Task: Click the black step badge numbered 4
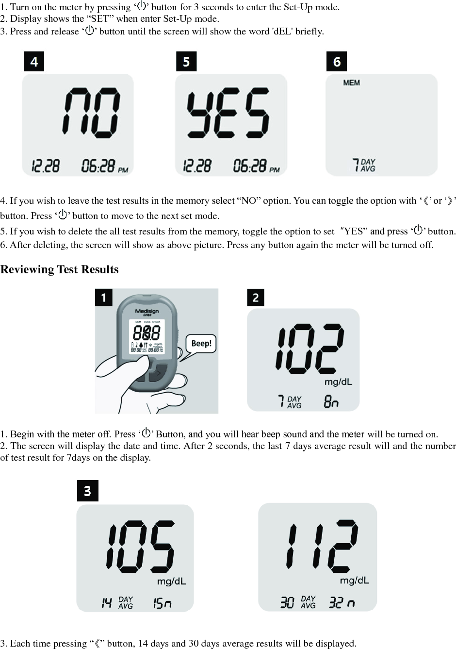coord(34,62)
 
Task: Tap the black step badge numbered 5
coord(186,62)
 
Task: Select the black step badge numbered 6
coord(337,62)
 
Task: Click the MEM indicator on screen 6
coord(351,83)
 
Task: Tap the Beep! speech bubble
coord(201,344)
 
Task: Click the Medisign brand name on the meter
coord(147,311)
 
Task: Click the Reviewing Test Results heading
coord(59,269)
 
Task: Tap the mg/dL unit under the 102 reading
coord(338,382)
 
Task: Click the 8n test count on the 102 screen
coord(331,401)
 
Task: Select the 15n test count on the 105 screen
coord(162,603)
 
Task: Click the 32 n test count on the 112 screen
coord(342,603)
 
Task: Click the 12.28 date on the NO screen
coord(46,166)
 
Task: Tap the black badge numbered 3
coord(88,491)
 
